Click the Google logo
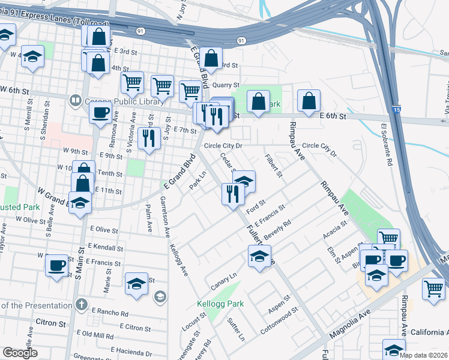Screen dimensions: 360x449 click(20, 353)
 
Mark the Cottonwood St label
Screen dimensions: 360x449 click(279, 321)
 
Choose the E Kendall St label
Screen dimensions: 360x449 click(105, 247)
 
